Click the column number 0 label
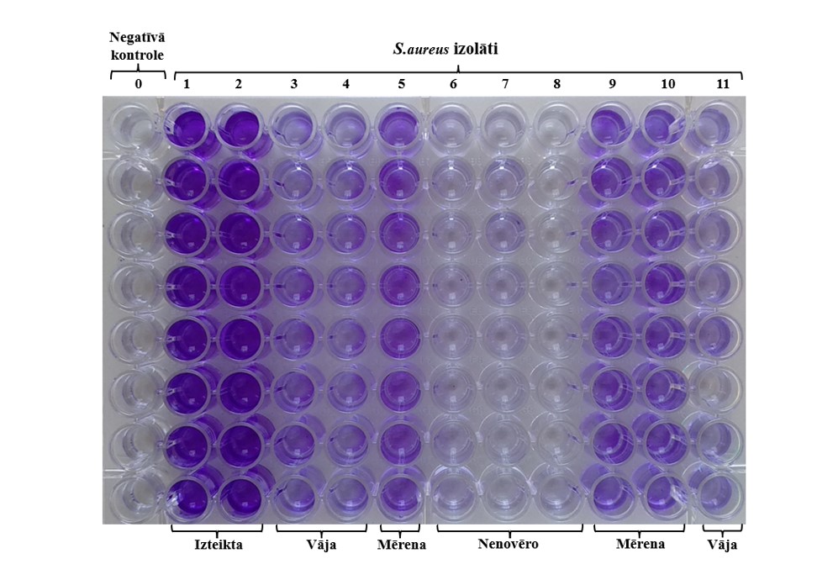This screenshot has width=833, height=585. point(138,84)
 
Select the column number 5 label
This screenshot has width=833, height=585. point(402,84)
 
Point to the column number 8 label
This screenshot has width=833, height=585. point(556,84)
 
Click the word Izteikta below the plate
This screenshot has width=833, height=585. point(216,545)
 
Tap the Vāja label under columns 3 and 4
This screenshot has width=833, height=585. point(321,545)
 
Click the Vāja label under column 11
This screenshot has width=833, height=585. point(723,545)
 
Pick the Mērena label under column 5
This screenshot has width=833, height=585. point(402,545)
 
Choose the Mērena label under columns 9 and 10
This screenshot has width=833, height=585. point(640,545)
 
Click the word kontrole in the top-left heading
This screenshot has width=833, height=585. point(138,55)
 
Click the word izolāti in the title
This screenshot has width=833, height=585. point(477,49)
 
